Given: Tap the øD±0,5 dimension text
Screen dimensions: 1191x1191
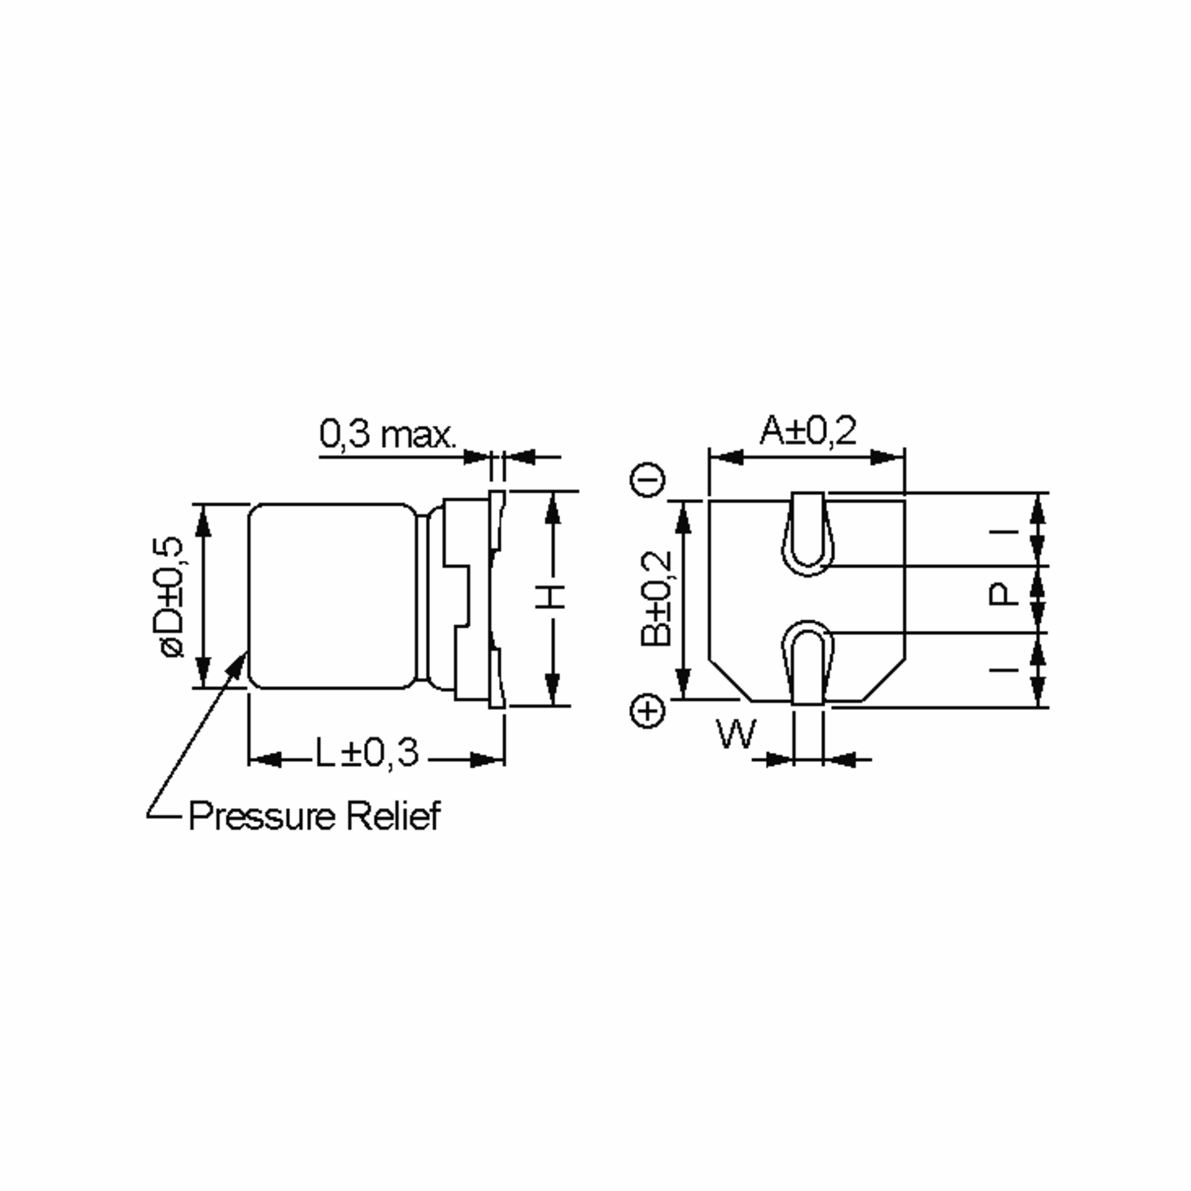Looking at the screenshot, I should pos(172,596).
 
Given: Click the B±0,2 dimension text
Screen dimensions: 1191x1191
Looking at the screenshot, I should pos(656,598).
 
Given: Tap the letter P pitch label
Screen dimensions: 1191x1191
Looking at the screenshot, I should pos(1002,595).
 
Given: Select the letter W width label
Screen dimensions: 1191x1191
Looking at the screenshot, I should pos(736,734).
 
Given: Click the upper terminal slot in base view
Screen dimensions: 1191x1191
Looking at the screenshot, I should pos(807,534).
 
